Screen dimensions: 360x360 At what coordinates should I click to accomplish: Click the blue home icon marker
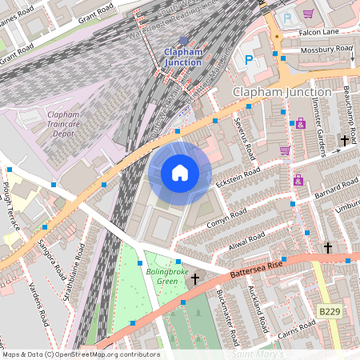180,172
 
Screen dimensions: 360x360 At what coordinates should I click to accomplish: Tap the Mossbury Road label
327,49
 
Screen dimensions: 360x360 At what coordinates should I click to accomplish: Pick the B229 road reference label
327,310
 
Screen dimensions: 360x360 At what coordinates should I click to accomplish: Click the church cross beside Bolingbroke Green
194,278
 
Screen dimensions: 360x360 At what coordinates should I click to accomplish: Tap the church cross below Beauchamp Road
344,141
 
